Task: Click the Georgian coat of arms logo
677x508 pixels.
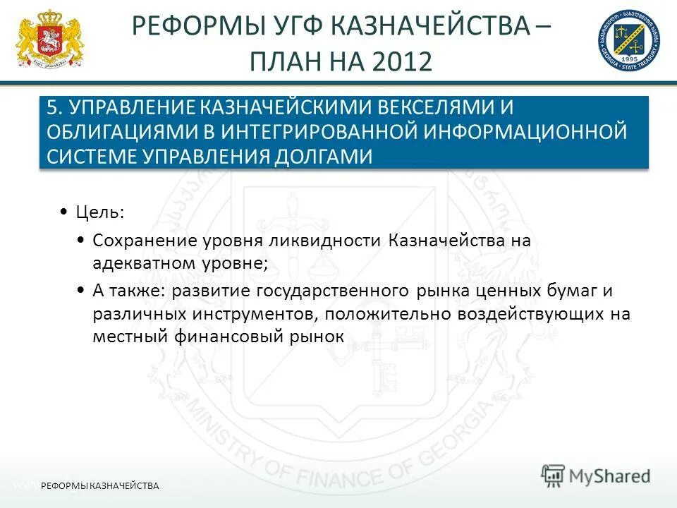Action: click(49, 40)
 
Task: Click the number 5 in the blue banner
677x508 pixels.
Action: click(52, 109)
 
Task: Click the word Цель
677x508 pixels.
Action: click(99, 212)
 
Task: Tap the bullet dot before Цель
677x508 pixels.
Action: click(64, 212)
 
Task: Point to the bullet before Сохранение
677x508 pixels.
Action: click(82, 241)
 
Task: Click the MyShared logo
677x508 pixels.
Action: click(596, 475)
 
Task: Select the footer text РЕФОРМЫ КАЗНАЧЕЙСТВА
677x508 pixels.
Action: click(100, 485)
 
